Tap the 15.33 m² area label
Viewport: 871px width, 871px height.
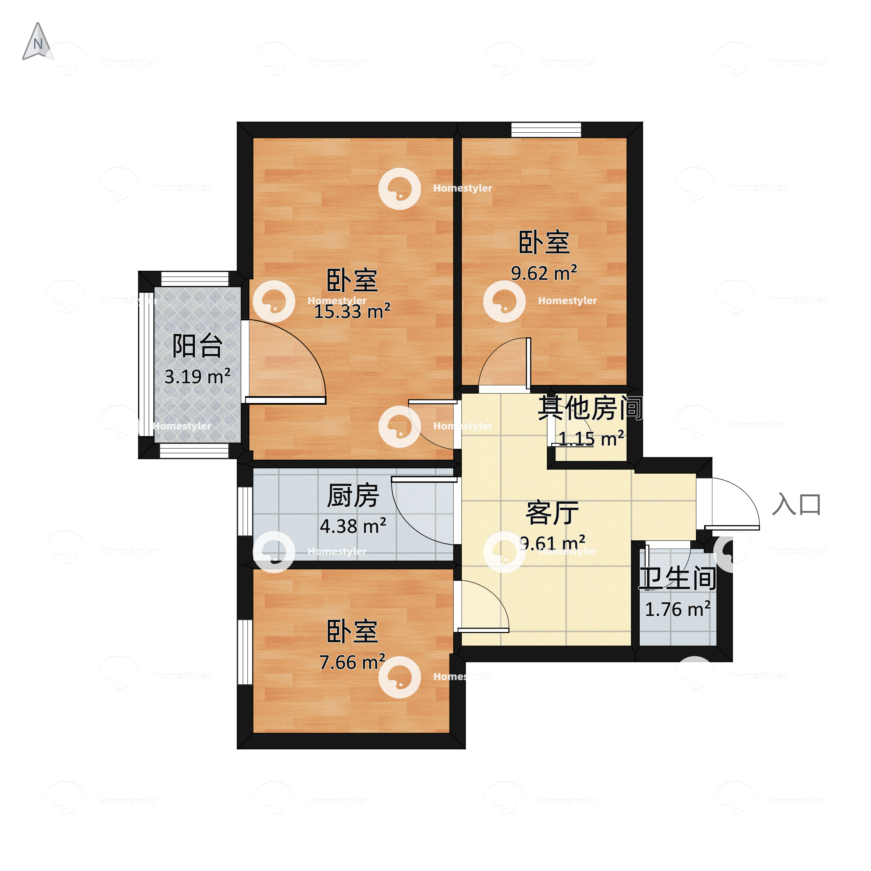[x=352, y=311]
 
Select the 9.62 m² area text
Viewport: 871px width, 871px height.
[x=544, y=273]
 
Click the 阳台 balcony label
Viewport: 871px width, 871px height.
[x=198, y=346]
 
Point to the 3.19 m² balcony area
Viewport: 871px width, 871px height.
[x=198, y=376]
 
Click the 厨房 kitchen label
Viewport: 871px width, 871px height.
[x=353, y=496]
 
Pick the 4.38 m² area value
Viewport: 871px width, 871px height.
[x=353, y=526]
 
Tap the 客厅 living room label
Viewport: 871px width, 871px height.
[x=552, y=513]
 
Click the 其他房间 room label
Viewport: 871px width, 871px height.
[x=590, y=408]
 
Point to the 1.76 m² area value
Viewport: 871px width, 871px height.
[x=677, y=610]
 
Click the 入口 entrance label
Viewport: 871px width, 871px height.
[x=796, y=504]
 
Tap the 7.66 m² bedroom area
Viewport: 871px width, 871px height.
[x=352, y=662]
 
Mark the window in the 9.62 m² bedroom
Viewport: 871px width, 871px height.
[x=546, y=130]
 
